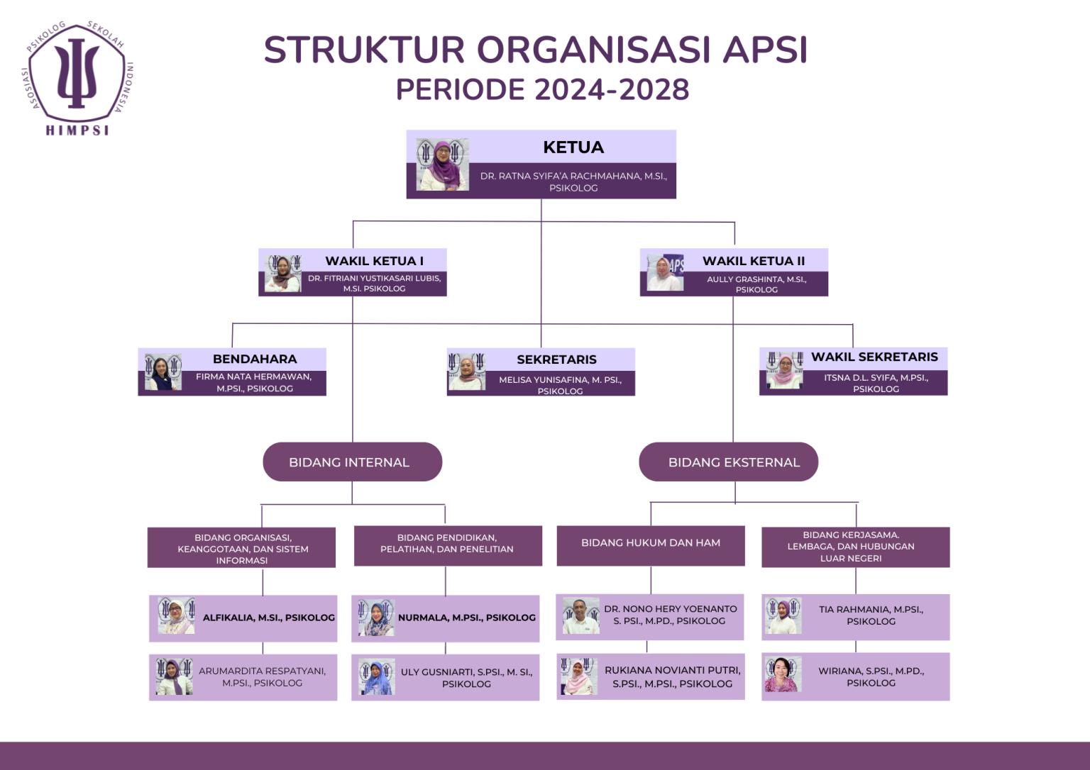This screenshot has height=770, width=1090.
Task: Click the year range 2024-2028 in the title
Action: point(612,90)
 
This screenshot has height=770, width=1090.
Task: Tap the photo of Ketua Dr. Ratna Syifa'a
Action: point(442,164)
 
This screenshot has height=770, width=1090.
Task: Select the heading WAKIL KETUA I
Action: point(374,261)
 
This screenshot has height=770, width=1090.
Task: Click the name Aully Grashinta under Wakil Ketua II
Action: point(756,279)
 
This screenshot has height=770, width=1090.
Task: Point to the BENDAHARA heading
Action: point(255,359)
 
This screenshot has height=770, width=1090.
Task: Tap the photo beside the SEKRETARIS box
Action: point(467,372)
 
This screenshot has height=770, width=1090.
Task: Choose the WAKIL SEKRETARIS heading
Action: point(874,357)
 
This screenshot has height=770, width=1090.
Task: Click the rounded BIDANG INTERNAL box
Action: point(352,462)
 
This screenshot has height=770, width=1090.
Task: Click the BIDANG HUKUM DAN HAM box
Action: point(651,543)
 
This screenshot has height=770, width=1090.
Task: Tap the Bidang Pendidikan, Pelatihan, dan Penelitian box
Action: point(447,544)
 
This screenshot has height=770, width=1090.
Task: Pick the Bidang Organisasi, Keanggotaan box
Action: point(242,548)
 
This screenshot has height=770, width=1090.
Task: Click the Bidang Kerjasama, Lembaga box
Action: point(854,547)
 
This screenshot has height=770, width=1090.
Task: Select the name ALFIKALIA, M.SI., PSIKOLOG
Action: point(268,618)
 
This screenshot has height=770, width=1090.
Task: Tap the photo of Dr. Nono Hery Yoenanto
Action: point(581,615)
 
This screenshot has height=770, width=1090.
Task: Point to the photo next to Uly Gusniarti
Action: point(376,676)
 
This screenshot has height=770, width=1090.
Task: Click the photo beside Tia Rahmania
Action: point(783,615)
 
